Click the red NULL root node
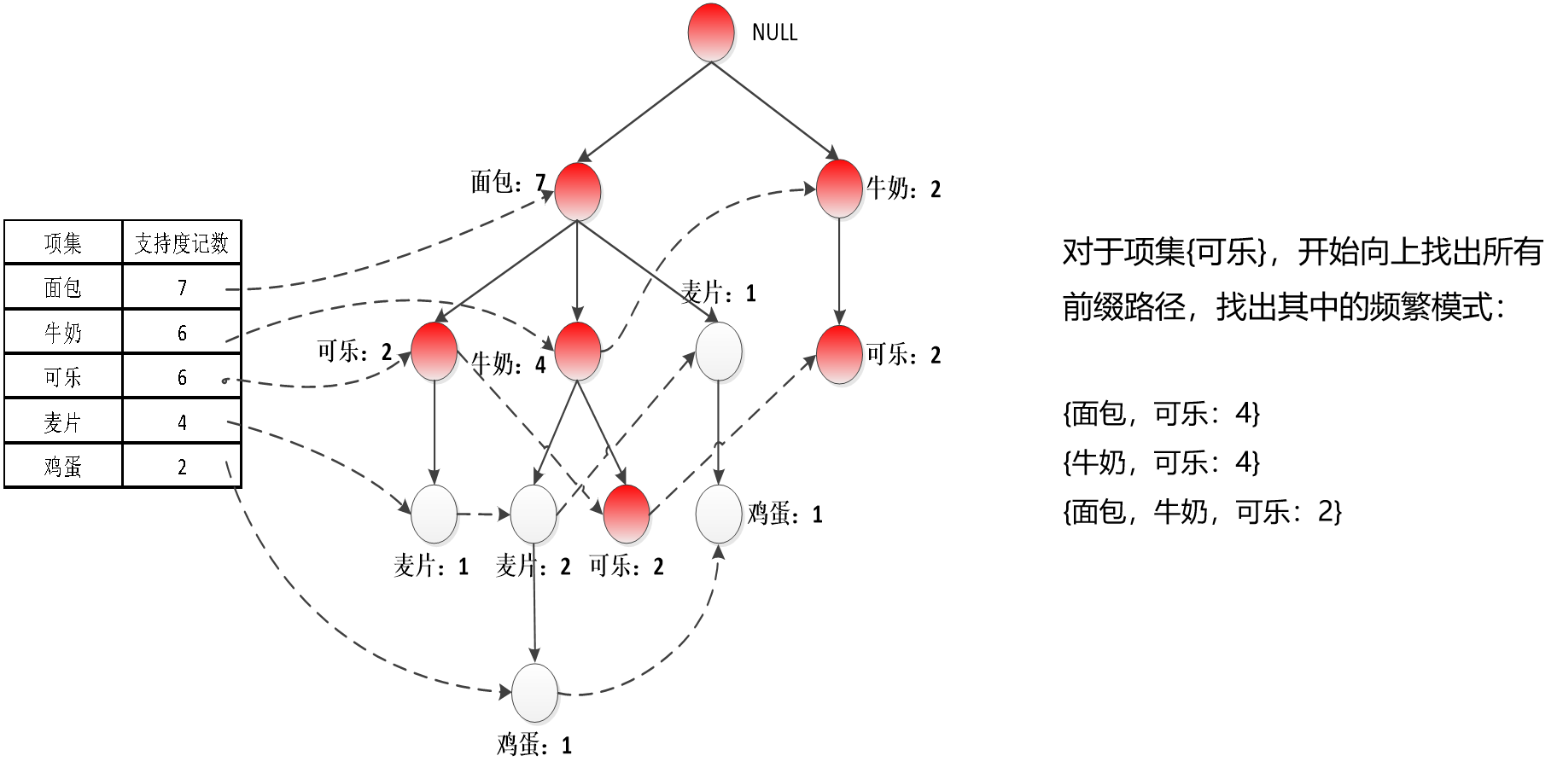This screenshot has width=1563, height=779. click(711, 32)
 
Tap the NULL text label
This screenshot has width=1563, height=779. click(774, 32)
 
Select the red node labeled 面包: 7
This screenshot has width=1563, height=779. click(578, 191)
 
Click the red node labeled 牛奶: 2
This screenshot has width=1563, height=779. click(839, 189)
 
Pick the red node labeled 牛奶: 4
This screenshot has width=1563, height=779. click(578, 352)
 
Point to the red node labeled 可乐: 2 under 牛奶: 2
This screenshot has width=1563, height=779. click(839, 354)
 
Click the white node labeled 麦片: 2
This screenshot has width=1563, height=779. click(534, 514)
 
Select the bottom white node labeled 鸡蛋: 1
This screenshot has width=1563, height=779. click(534, 692)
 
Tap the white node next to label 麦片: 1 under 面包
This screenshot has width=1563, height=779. click(718, 352)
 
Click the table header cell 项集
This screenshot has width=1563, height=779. click(63, 243)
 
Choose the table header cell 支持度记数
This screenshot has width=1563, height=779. click(182, 243)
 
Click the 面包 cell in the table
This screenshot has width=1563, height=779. click(63, 288)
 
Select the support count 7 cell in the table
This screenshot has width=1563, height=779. click(182, 288)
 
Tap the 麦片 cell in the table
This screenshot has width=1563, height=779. click(63, 421)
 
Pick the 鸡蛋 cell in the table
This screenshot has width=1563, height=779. click(63, 466)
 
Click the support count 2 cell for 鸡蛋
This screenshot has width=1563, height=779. click(182, 466)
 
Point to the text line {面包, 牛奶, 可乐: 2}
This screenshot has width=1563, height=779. click(1202, 511)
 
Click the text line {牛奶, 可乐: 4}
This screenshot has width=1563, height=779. click(1161, 462)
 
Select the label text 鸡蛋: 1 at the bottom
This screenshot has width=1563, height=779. click(534, 745)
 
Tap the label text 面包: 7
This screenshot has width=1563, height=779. click(508, 182)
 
